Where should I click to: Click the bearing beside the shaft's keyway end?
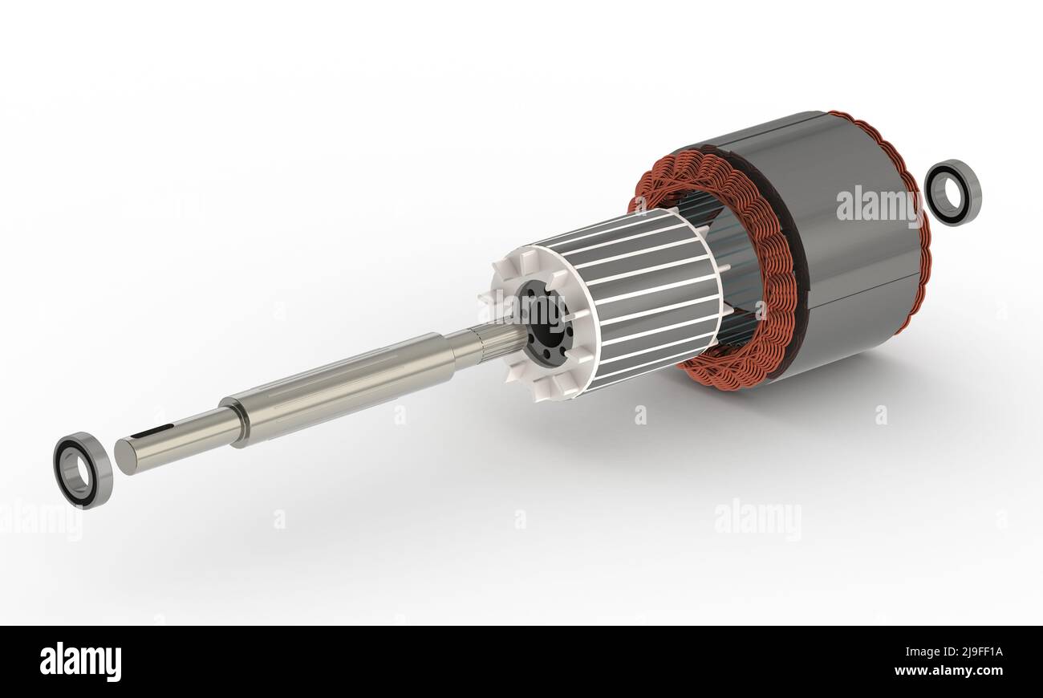[83, 470]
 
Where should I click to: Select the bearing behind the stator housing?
[952, 193]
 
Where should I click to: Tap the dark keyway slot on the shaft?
[152, 432]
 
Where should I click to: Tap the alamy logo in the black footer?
[80, 662]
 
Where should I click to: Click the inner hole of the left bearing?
[77, 469]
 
